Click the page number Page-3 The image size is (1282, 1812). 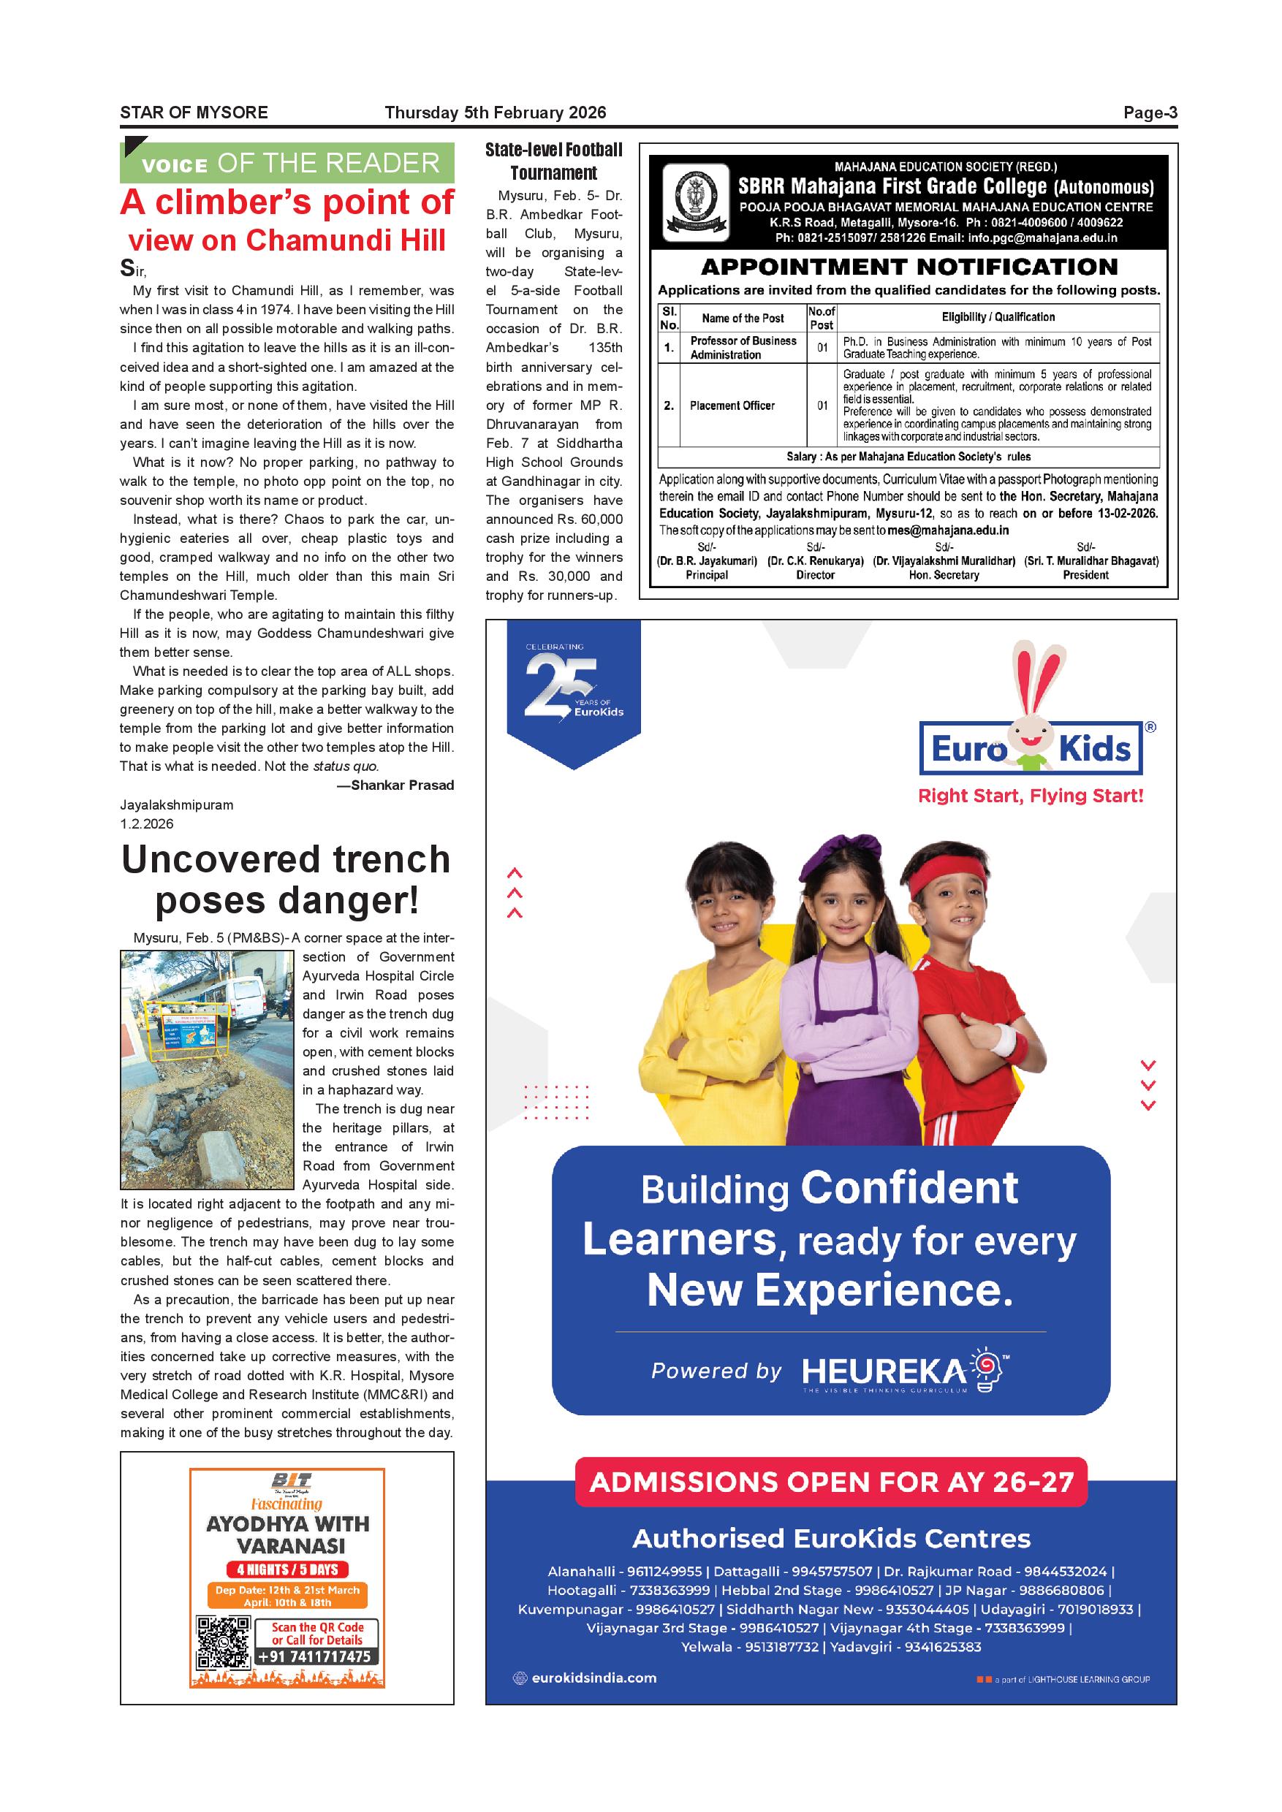click(x=1150, y=113)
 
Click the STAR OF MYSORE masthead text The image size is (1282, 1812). click(x=194, y=113)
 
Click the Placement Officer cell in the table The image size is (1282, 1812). click(x=732, y=406)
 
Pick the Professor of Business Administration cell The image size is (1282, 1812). click(x=743, y=348)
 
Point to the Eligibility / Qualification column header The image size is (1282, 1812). click(x=998, y=317)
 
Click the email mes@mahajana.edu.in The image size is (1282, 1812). click(x=947, y=531)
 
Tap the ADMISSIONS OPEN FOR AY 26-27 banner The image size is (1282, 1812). click(x=831, y=1482)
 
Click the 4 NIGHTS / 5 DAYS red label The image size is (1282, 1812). click(x=287, y=1569)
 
